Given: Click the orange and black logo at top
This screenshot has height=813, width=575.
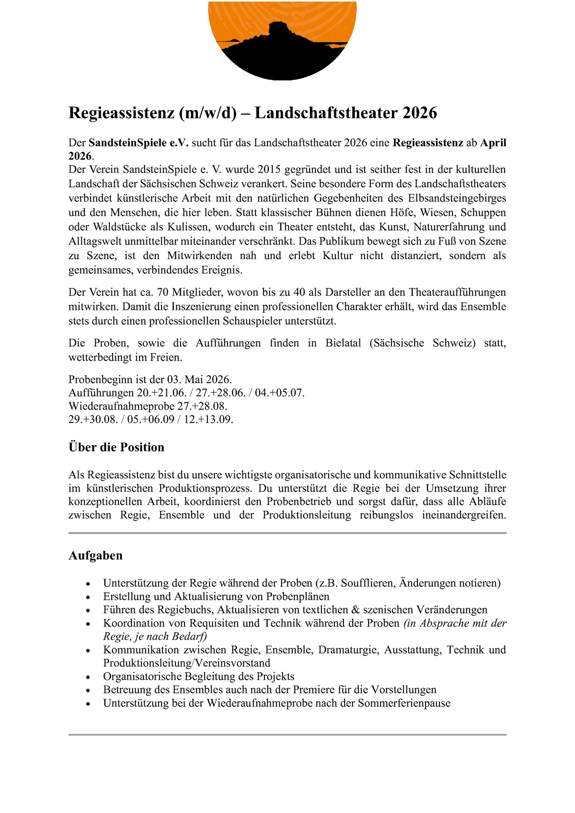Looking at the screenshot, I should click(x=282, y=41).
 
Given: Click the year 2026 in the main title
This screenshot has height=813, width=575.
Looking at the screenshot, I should click(x=419, y=113).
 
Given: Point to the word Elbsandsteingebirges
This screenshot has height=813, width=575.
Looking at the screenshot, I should click(x=457, y=198).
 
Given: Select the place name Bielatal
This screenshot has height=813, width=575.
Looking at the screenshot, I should click(x=343, y=343).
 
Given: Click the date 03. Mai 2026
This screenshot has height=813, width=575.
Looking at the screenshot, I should click(x=199, y=379).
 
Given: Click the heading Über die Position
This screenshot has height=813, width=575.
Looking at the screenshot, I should click(x=116, y=447).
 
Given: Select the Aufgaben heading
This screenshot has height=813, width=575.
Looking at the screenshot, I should click(x=95, y=555).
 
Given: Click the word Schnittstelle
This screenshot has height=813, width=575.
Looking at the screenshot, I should click(x=477, y=475).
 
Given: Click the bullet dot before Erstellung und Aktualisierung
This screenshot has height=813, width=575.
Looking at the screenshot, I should click(x=88, y=597).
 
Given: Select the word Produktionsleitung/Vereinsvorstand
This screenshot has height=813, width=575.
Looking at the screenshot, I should click(x=187, y=663).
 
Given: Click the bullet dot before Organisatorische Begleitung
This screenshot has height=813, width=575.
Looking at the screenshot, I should click(x=88, y=677).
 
